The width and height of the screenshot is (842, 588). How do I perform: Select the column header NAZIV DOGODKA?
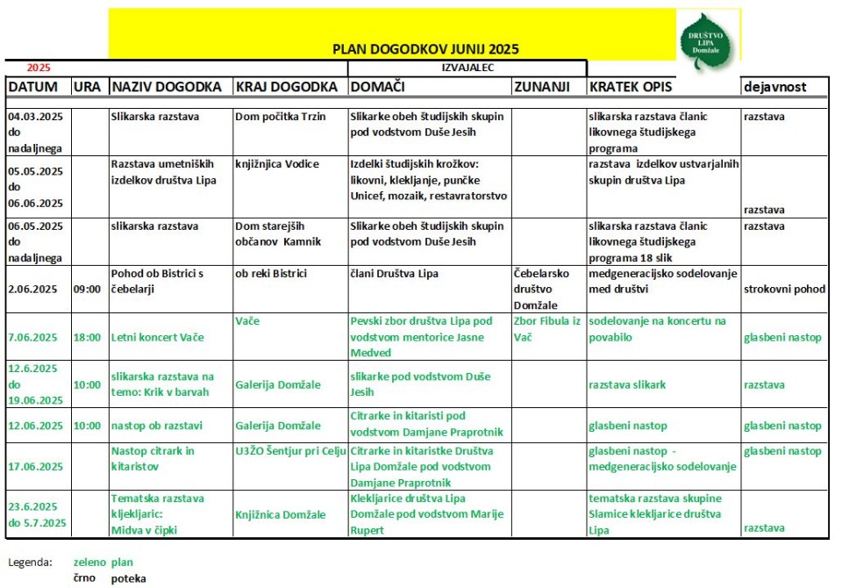(x=166, y=87)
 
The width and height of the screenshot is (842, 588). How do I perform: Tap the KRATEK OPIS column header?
(x=626, y=87)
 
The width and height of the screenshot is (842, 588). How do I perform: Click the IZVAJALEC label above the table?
(x=467, y=67)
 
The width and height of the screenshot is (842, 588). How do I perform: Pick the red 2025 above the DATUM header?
(x=39, y=67)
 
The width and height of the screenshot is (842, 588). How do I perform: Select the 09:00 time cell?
(x=87, y=289)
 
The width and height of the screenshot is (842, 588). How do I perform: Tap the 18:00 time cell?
(x=87, y=337)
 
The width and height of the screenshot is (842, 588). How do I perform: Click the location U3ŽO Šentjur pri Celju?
(x=289, y=451)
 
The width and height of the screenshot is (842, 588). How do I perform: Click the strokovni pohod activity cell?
(x=784, y=288)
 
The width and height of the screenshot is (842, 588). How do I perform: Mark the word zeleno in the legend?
(x=90, y=562)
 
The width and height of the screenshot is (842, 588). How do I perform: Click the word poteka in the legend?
(x=128, y=578)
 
